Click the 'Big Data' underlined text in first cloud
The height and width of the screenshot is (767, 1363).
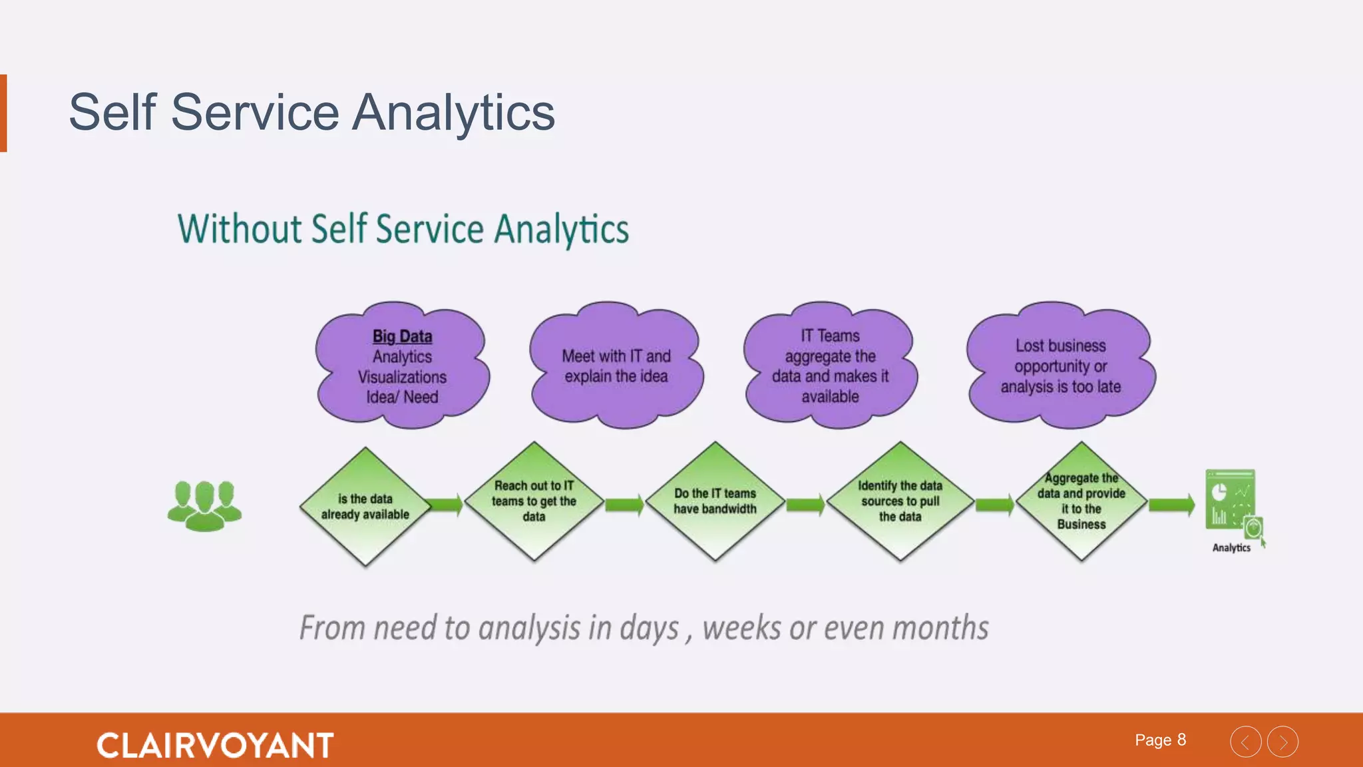click(x=402, y=336)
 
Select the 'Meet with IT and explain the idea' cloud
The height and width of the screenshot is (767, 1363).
click(x=616, y=366)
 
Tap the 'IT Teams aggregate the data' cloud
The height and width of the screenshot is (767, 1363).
click(x=830, y=366)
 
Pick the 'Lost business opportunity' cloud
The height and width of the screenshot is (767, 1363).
click(x=1060, y=366)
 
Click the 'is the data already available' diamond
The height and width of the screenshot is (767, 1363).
click(x=365, y=507)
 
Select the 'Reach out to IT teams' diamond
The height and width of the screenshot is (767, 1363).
click(x=534, y=501)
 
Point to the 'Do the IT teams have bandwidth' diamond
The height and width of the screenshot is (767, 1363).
click(x=715, y=501)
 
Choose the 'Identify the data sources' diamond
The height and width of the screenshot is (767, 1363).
click(x=900, y=501)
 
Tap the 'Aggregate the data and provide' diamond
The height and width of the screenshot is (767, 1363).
click(x=1081, y=501)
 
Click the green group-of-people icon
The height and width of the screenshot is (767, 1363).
click(x=204, y=506)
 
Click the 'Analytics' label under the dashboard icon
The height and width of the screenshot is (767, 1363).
click(x=1231, y=548)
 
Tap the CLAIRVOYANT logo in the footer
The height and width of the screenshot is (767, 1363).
click(x=215, y=745)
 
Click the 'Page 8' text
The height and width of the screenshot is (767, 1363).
click(x=1160, y=740)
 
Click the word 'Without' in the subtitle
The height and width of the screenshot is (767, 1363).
click(x=239, y=229)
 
